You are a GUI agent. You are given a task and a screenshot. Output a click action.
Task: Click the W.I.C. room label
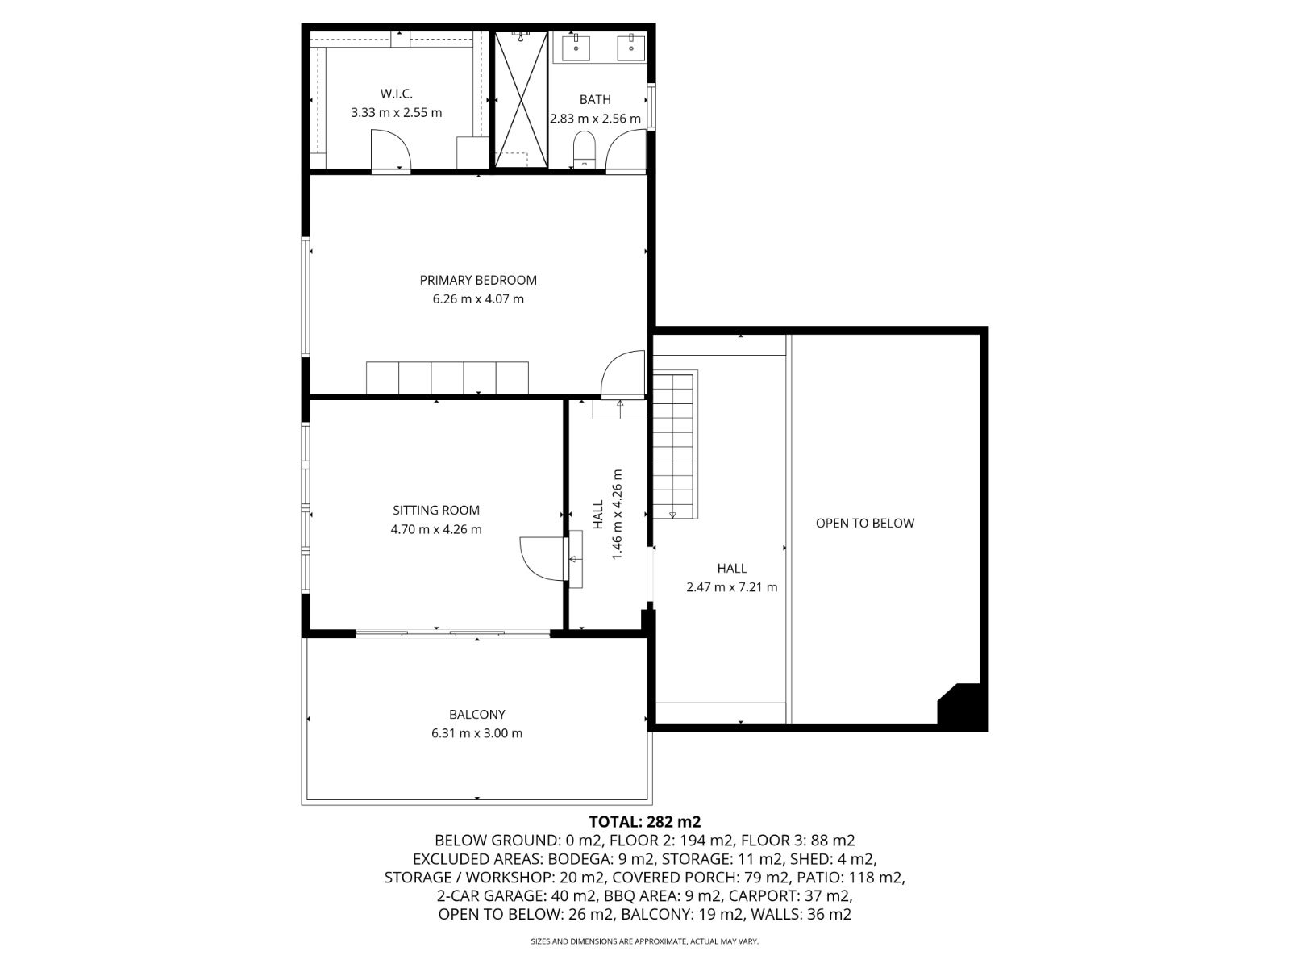pos(396,94)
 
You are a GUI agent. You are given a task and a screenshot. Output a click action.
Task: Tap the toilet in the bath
pos(584,149)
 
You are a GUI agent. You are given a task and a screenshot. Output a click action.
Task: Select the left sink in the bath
pos(576,47)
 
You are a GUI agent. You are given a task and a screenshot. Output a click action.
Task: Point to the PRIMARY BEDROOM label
pos(478,281)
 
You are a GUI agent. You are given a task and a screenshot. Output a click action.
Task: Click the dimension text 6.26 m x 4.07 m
pos(478,299)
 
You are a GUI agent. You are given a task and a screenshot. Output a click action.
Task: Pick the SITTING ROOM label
pos(436,510)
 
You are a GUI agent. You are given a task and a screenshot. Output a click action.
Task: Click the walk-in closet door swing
pos(390,151)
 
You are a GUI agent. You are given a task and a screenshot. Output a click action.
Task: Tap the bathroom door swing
pos(626,151)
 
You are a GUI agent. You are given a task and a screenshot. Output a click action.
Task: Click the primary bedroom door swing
pos(623,374)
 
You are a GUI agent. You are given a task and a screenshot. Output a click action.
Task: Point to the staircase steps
pos(673,445)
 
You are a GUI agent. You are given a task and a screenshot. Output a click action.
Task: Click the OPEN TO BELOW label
pos(864,523)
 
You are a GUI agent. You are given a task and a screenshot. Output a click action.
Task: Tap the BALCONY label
pos(477,714)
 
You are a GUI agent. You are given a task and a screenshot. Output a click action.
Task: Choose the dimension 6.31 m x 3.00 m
pos(476,733)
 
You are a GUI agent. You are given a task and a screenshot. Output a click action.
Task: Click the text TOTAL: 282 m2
pos(645,822)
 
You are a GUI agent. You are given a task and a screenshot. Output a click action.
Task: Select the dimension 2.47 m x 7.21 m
pos(732,587)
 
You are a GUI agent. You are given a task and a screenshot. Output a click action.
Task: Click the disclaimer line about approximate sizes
pos(645,941)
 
